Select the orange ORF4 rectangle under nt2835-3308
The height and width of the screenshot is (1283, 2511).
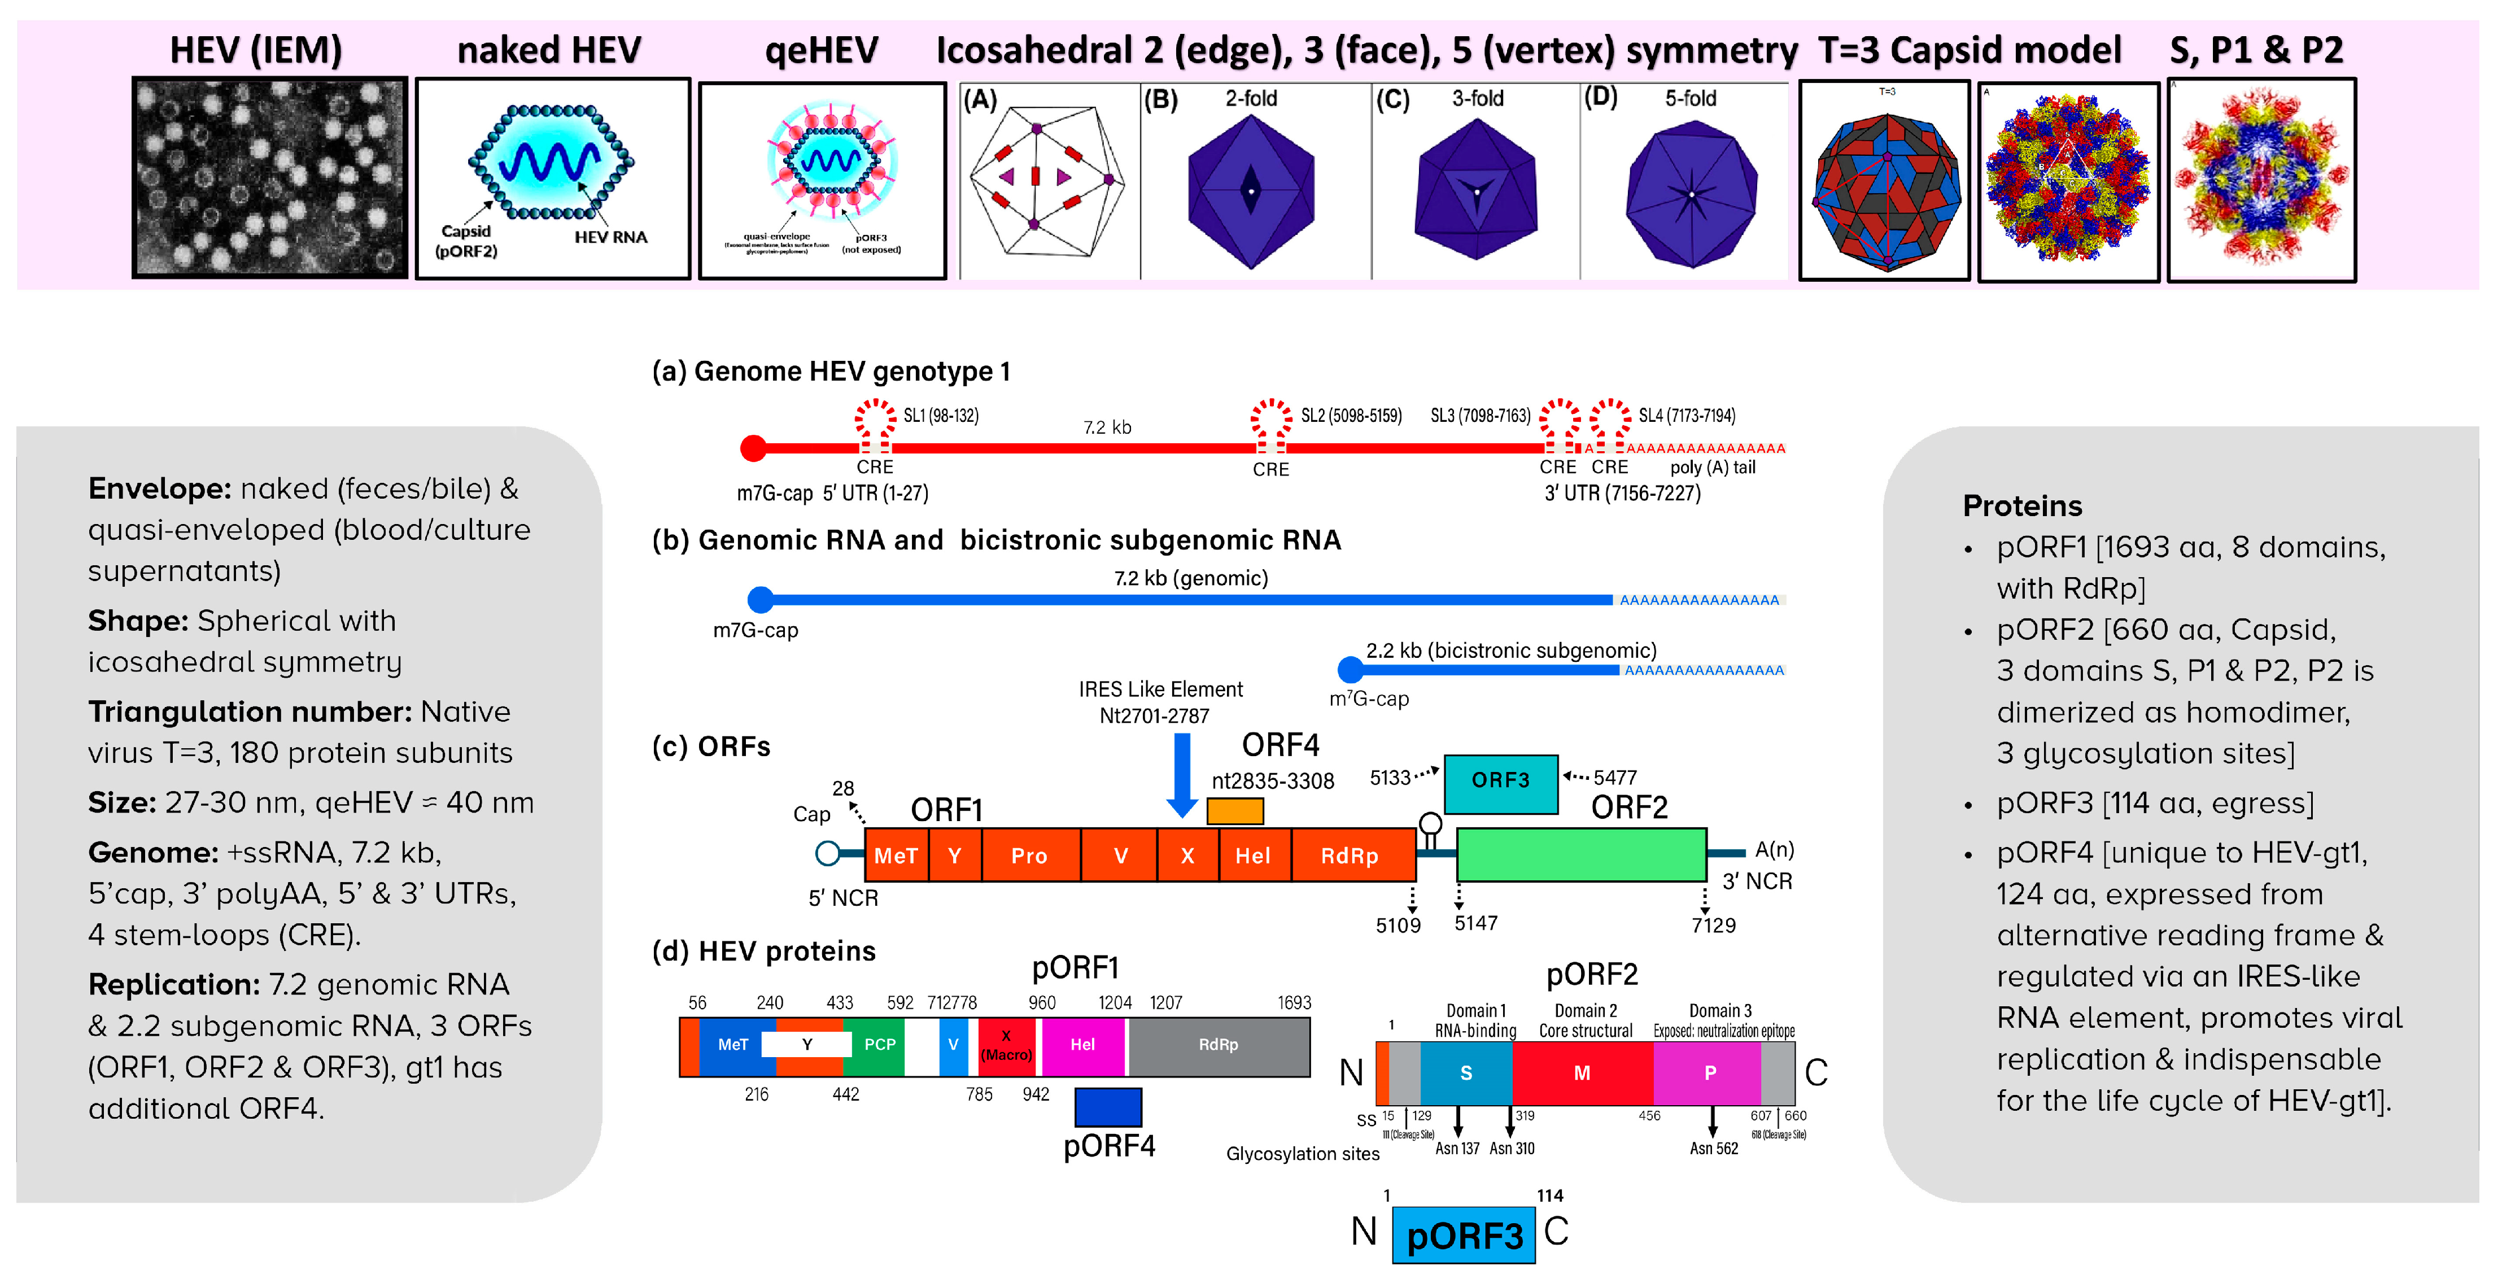pos(1234,811)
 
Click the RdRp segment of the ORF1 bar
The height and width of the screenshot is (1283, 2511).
pos(1351,856)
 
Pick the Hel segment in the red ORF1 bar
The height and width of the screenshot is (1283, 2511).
pos(1254,856)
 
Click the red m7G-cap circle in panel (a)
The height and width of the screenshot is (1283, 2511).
pos(753,448)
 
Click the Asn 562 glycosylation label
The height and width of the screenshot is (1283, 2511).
pos(1714,1149)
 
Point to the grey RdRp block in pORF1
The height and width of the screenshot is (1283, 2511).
pos(1219,1045)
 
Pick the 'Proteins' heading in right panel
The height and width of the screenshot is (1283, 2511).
pos(2021,506)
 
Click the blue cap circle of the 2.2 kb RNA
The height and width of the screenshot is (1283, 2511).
pos(1350,670)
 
